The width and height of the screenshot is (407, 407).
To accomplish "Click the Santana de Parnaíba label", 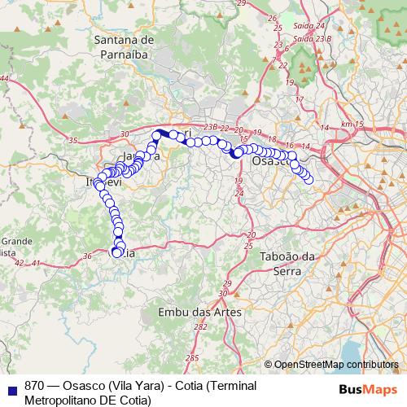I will pyautogui.click(x=124, y=46).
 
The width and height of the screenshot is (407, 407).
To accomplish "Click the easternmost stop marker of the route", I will pyautogui.click(x=309, y=179).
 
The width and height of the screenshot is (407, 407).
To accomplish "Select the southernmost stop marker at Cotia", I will pyautogui.click(x=117, y=253).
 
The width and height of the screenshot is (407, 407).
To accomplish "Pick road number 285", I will pyautogui.click(x=191, y=357).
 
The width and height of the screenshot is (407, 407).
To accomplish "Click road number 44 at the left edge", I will pyautogui.click(x=5, y=77).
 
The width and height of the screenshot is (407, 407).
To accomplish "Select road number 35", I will pyautogui.click(x=73, y=141).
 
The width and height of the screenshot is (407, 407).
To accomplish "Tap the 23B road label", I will pyautogui.click(x=212, y=126).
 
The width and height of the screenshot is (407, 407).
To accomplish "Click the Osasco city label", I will pyautogui.click(x=269, y=162).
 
